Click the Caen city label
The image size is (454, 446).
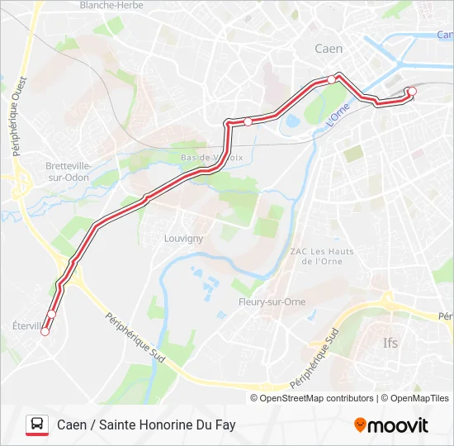click(x=329, y=49)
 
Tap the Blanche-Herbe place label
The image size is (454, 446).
click(x=111, y=5)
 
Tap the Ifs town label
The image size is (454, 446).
click(x=390, y=342)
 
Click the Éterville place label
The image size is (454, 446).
click(x=28, y=325)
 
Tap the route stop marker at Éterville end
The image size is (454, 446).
click(x=45, y=333)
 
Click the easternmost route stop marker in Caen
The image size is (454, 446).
click(x=412, y=92)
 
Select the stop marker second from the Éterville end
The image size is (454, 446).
click(x=52, y=314)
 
